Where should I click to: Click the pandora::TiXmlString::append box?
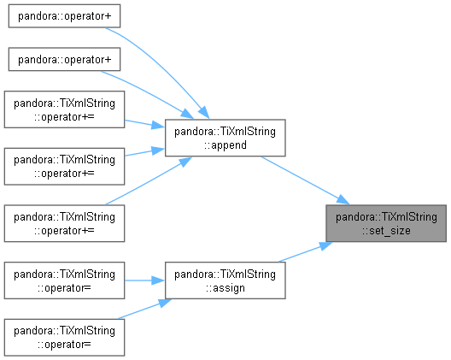point(225,138)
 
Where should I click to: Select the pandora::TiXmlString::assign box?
point(225,280)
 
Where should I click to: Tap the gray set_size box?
point(386,223)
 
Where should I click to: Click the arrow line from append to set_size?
point(305,180)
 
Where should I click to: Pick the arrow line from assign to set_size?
point(305,252)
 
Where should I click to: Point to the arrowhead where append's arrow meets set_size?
point(343,200)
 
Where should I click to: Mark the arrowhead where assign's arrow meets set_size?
point(325,245)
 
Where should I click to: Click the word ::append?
point(225,145)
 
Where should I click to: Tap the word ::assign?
point(225,287)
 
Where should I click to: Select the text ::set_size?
point(386,231)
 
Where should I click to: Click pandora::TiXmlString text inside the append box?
point(225,132)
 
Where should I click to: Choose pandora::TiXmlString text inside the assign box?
point(225,274)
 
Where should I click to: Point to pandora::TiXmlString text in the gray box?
point(386,217)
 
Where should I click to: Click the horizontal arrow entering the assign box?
point(144,280)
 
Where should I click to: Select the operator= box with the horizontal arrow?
point(64,280)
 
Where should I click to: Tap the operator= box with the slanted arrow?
point(64,337)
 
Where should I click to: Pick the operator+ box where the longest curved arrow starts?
point(64,16)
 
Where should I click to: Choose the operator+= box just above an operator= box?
point(64,223)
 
